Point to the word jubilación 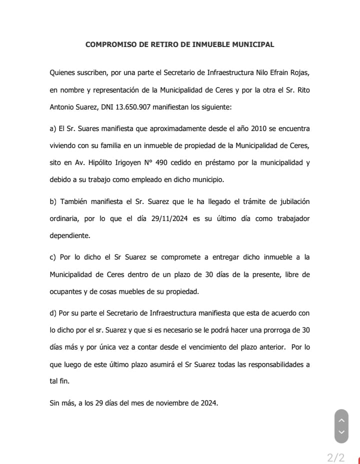290,201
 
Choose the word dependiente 70,235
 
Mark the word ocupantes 68,291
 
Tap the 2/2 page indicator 335,457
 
